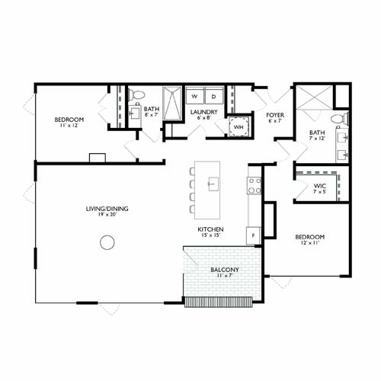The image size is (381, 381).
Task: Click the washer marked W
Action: [x=195, y=97]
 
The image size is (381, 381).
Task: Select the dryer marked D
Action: [x=214, y=97]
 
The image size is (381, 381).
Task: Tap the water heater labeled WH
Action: [x=239, y=126]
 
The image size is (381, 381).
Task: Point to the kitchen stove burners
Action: [x=254, y=185]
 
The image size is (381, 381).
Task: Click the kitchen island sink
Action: [x=213, y=184]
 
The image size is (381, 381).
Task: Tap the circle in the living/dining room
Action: [x=107, y=243]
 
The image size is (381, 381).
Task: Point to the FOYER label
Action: [x=275, y=116]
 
